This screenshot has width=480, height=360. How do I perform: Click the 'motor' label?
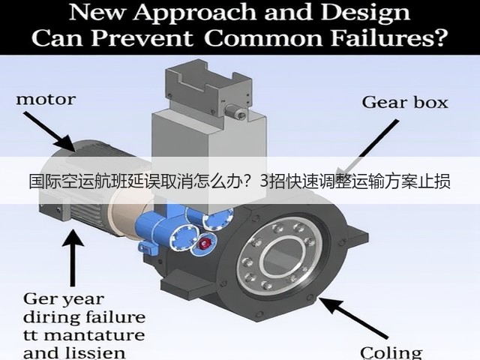click(46, 100)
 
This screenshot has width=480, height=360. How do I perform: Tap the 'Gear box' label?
click(405, 102)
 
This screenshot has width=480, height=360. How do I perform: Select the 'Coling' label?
click(391, 353)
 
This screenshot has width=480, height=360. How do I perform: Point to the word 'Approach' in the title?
click(196, 13)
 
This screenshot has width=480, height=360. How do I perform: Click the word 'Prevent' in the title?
click(142, 38)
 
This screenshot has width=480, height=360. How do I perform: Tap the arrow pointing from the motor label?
click(49, 131)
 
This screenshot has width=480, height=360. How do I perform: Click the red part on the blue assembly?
click(204, 243)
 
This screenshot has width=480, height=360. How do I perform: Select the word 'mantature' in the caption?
click(96, 335)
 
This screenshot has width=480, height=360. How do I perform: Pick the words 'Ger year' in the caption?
click(63, 299)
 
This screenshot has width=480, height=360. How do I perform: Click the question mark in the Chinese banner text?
click(251, 181)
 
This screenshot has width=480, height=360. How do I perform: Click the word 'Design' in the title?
click(366, 13)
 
